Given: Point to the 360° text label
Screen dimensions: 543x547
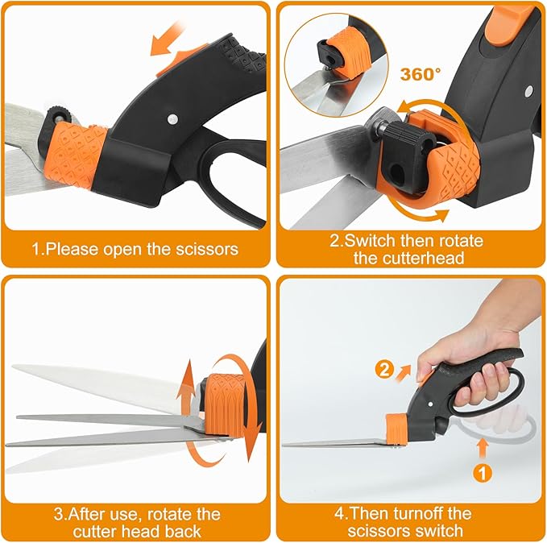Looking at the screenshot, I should pyautogui.click(x=421, y=73).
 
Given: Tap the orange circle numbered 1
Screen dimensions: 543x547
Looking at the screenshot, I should pyautogui.click(x=482, y=472).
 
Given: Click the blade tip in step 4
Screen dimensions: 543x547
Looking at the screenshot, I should pyautogui.click(x=287, y=442).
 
